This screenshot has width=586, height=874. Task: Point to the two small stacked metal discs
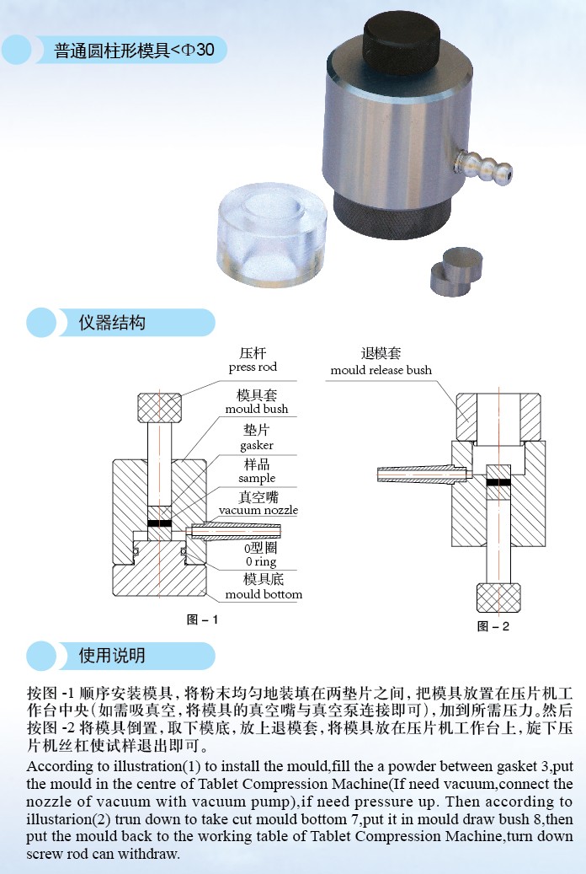456,272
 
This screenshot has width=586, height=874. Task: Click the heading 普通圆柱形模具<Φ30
134,51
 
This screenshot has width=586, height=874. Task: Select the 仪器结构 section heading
112,323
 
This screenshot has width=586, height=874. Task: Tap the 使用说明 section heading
112,656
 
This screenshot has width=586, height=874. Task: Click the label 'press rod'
253,367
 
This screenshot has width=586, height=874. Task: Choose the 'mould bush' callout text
257,409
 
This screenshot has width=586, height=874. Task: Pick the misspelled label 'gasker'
256,445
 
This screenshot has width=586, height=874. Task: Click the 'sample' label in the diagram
257,478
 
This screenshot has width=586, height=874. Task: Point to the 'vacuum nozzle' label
258,510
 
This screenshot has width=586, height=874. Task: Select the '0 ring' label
261,562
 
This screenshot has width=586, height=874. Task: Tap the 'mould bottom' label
264,595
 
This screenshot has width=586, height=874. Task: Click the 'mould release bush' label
381,370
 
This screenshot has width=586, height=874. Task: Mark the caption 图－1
201,619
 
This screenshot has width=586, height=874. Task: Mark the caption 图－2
493,626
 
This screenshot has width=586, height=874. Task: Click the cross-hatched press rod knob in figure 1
159,408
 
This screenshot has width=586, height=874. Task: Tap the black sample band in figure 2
498,482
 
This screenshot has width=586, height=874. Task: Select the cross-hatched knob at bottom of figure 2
498,598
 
